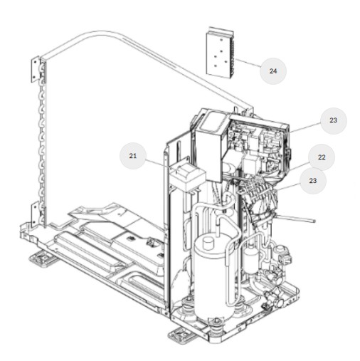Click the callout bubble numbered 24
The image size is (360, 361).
pyautogui.click(x=273, y=71)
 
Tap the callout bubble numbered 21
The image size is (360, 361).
pyautogui.click(x=133, y=156)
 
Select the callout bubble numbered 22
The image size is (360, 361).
pyautogui.click(x=322, y=157)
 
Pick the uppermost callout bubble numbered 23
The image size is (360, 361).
pyautogui.click(x=334, y=120)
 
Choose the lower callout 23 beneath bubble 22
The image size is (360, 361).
pyautogui.click(x=313, y=181)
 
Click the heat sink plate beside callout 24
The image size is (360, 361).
pyautogui.click(x=220, y=53)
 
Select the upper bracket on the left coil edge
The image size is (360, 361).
pyautogui.click(x=36, y=69)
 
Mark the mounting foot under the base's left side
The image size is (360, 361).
pyautogui.click(x=43, y=259)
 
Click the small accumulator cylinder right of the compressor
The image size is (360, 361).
pyautogui.click(x=251, y=260)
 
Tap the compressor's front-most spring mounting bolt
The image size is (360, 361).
pyautogui.click(x=216, y=325)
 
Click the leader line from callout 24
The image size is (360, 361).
pyautogui.click(x=248, y=63)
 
